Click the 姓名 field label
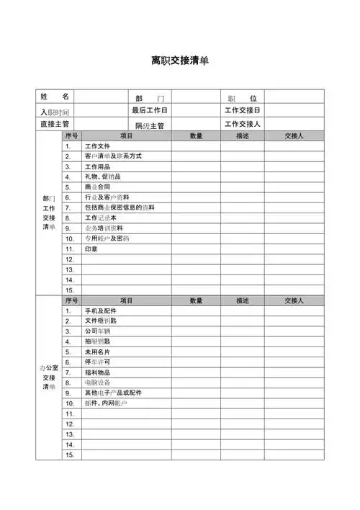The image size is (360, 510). click(55, 97)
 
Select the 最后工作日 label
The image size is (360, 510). click(149, 110)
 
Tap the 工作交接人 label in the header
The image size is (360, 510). click(243, 124)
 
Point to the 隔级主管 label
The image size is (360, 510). click(149, 125)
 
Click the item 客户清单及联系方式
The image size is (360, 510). click(113, 156)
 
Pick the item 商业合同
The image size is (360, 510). click(97, 187)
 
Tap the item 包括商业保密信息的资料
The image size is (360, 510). click(120, 207)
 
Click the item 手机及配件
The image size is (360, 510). click(100, 310)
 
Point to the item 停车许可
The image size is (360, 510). click(97, 362)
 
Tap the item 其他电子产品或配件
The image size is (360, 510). click(113, 393)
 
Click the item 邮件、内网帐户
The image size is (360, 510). click(106, 403)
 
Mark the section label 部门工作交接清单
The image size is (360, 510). click(49, 212)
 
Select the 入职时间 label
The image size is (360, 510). click(55, 112)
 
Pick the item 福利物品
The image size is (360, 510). click(97, 372)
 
